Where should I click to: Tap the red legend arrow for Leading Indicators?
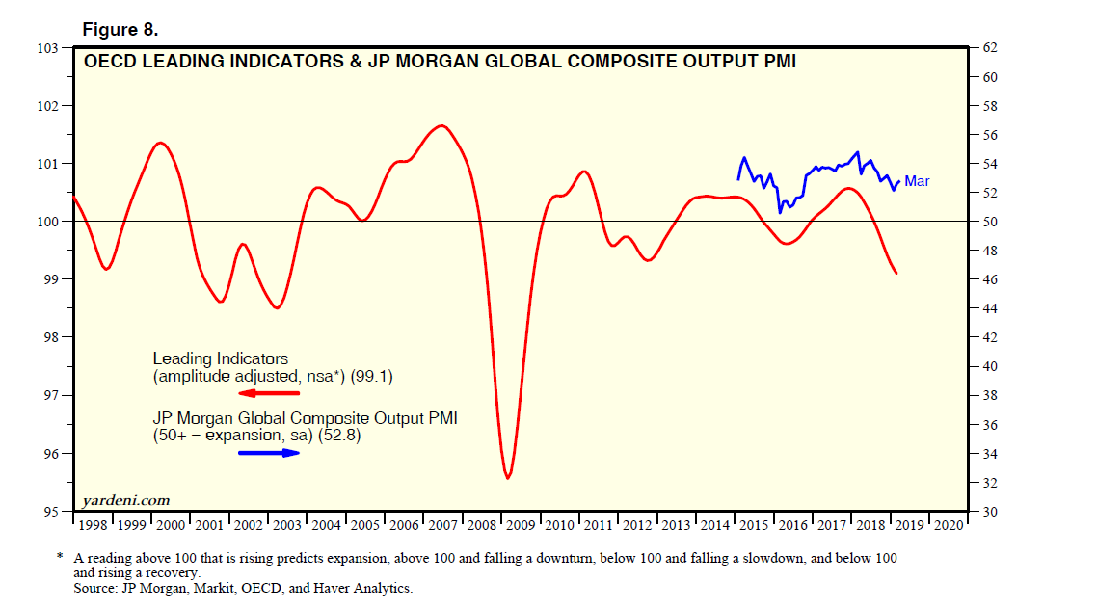click(x=269, y=394)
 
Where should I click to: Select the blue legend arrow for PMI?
click(x=269, y=453)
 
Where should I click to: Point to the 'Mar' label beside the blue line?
click(x=917, y=181)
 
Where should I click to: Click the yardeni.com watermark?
click(x=126, y=500)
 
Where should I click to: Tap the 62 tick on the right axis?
click(x=988, y=47)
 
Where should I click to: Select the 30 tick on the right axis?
click(x=988, y=512)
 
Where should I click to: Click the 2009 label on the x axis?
click(x=521, y=525)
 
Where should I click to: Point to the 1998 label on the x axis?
click(x=94, y=525)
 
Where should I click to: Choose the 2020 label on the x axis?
click(x=948, y=525)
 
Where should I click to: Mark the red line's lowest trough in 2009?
click(x=508, y=477)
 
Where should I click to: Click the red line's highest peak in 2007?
click(x=441, y=125)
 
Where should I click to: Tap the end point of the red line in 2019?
click(x=897, y=274)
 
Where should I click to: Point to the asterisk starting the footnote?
click(x=60, y=557)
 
